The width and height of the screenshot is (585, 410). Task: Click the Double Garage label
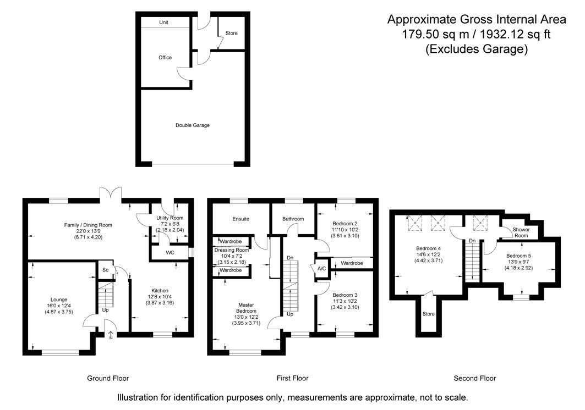(x=193, y=125)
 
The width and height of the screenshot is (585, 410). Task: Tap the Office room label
(x=165, y=58)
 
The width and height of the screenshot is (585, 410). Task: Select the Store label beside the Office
(x=232, y=34)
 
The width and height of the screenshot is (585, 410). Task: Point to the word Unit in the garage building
(x=164, y=23)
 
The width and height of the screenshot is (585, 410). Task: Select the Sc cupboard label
(x=105, y=270)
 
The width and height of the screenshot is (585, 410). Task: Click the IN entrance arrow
(x=110, y=335)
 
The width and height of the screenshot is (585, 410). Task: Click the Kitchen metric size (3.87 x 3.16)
(x=160, y=303)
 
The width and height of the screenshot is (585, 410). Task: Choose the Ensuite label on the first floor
(x=240, y=219)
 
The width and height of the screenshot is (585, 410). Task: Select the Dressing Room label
(x=232, y=250)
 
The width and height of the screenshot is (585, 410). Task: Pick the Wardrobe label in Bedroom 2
(x=352, y=263)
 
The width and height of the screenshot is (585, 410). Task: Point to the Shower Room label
(x=521, y=232)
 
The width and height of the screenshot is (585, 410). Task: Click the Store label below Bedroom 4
(x=429, y=314)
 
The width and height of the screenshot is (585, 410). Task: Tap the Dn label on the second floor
(x=472, y=241)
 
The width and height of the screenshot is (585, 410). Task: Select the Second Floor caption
(x=474, y=378)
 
